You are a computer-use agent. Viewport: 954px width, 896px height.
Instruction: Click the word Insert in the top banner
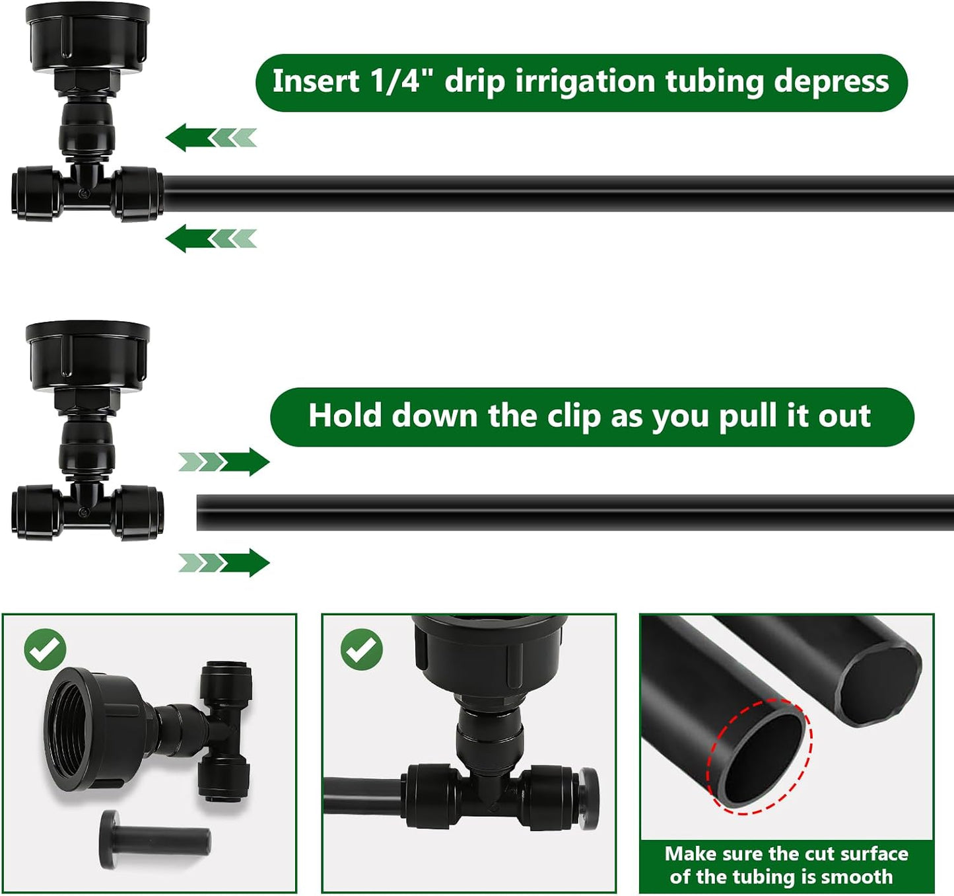(316, 81)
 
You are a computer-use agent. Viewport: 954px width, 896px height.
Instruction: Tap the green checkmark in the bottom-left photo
(45, 649)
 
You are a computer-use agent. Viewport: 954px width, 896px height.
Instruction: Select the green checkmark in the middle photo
(362, 649)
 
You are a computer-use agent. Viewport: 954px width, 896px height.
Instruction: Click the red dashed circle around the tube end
(759, 757)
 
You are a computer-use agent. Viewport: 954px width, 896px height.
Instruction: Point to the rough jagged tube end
(877, 685)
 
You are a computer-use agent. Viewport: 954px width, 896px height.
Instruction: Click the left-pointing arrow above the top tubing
(211, 138)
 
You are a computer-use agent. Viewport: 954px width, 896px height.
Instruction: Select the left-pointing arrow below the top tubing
(211, 239)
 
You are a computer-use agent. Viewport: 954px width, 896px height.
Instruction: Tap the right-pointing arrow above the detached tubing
(224, 462)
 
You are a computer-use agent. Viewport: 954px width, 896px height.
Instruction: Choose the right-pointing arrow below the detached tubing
(224, 563)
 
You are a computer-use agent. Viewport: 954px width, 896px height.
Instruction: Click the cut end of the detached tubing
(200, 513)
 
